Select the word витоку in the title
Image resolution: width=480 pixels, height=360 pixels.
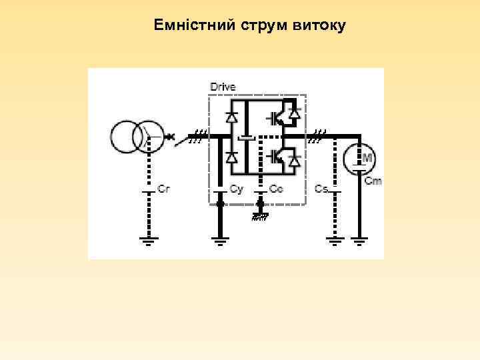pos(318,26)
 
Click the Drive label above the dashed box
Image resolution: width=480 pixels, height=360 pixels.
pos(223,87)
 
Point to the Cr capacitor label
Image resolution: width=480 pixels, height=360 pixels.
pos(164,189)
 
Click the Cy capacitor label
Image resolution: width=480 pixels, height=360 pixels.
pos(236,189)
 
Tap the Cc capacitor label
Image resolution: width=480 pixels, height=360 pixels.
pos(276,189)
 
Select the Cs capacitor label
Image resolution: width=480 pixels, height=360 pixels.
pos(321,189)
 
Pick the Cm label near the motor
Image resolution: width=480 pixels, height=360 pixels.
pos(373,181)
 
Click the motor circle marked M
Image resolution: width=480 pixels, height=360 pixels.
pos(360,158)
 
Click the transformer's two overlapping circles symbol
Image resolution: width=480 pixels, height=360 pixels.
pos(137,138)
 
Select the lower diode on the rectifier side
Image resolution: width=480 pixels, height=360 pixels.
pos(231,158)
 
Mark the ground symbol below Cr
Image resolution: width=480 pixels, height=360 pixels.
pos(147,241)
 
